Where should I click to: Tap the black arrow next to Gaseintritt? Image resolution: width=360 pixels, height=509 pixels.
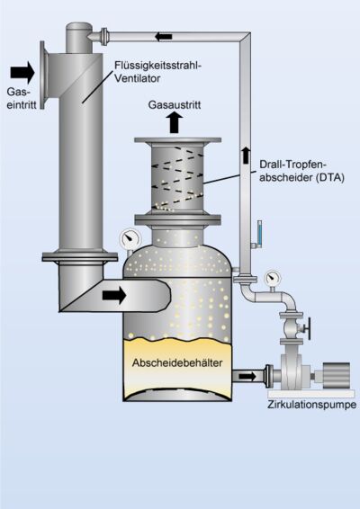23,71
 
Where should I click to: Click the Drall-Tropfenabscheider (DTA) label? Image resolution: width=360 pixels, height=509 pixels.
292,170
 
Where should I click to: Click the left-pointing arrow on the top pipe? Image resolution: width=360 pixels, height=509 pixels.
165,36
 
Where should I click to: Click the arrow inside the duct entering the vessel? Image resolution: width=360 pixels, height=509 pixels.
114,294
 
